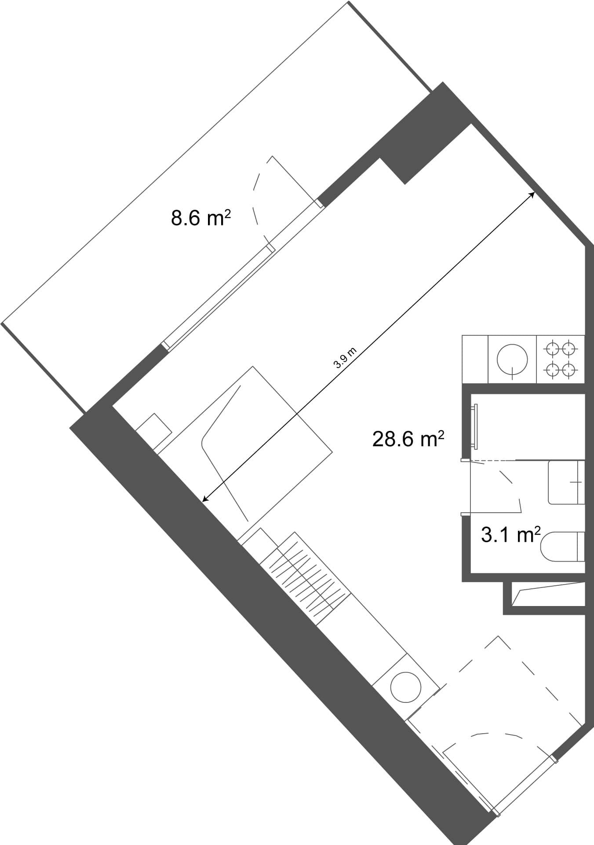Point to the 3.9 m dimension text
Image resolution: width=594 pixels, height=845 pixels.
pos(345,358)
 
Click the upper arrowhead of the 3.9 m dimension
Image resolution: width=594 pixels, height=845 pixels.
pos(532,194)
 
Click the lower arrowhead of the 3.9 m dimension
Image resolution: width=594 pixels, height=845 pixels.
pos(204,500)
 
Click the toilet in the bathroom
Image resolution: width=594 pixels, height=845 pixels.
pos(563,547)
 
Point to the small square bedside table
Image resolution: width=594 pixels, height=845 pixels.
pos(153,430)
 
